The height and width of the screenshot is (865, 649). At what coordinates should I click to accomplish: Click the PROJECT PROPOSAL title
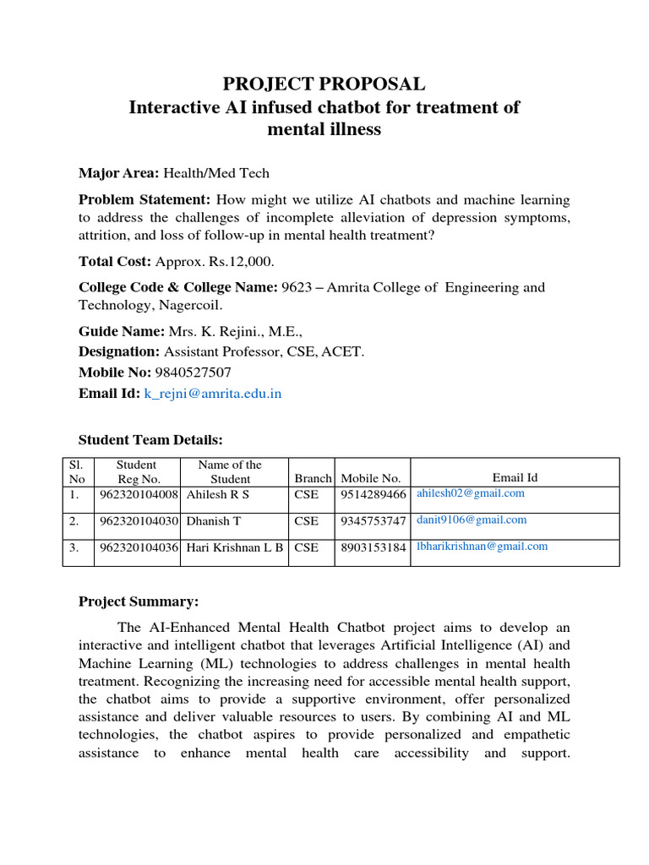[324, 84]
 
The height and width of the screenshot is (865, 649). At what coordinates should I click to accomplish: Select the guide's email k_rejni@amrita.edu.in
[212, 394]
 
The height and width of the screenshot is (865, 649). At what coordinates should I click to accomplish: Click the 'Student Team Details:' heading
[150, 439]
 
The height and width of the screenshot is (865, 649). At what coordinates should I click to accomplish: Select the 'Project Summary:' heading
[139, 601]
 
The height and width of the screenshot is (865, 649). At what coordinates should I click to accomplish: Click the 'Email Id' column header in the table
[515, 478]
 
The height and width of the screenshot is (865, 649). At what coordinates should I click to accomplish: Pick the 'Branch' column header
[313, 479]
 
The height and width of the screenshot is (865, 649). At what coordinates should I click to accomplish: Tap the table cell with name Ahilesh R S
[218, 495]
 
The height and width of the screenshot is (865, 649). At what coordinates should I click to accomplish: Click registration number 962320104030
[139, 521]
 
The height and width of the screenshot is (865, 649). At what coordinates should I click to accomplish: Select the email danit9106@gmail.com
[471, 520]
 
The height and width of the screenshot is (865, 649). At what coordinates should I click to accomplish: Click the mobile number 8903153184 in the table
[373, 547]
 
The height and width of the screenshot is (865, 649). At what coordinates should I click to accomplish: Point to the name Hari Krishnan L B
[235, 547]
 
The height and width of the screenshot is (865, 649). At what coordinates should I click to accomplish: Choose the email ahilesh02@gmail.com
[470, 493]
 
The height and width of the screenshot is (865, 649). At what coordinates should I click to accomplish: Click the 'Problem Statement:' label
[145, 200]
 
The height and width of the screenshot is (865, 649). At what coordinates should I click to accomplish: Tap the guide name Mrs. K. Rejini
[217, 332]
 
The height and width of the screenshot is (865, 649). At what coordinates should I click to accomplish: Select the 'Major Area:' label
[118, 173]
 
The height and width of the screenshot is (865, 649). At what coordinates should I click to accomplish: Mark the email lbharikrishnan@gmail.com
[482, 547]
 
